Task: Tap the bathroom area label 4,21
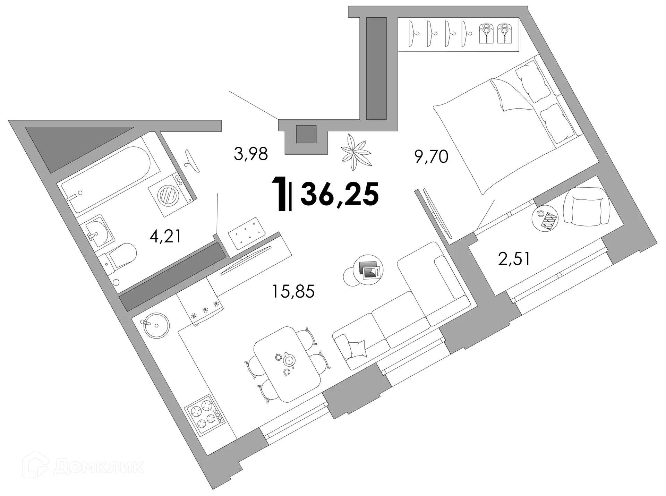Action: (165, 237)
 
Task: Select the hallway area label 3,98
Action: (251, 154)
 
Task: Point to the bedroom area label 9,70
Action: (431, 157)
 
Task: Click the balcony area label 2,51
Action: (514, 259)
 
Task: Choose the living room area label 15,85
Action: (293, 291)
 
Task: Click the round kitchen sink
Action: (156, 325)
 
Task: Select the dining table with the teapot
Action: (287, 364)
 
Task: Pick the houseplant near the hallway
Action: (356, 153)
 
